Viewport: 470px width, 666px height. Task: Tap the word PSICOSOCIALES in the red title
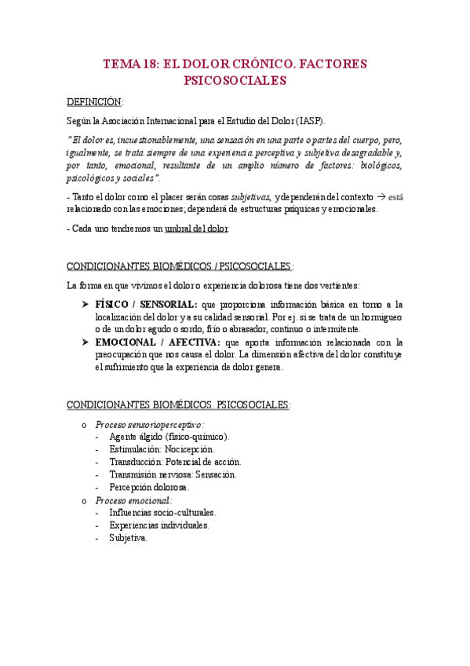click(x=235, y=80)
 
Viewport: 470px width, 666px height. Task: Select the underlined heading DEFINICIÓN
click(x=95, y=102)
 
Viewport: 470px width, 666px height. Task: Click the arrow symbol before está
click(x=381, y=196)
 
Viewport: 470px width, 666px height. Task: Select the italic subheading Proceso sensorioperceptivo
click(x=138, y=424)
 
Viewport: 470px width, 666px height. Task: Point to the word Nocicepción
click(x=192, y=449)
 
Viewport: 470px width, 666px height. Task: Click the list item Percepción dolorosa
click(x=149, y=487)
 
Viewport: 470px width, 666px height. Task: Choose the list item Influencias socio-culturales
click(x=162, y=512)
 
